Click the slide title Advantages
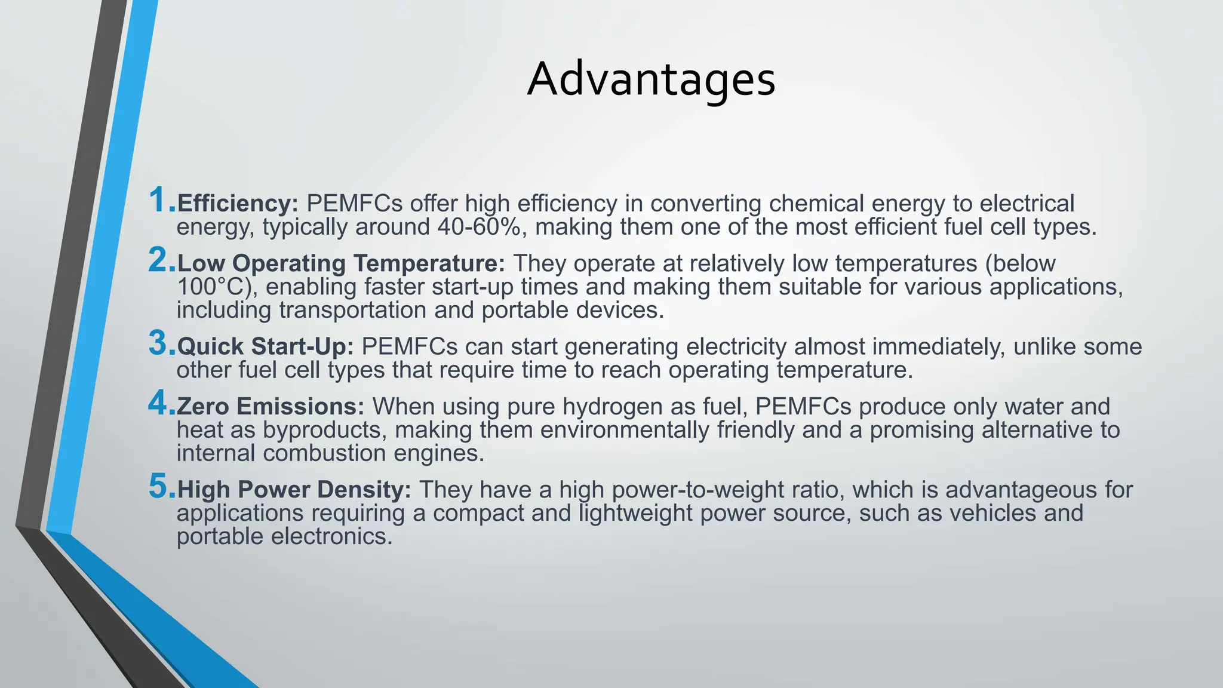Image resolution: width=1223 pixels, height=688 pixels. (x=651, y=79)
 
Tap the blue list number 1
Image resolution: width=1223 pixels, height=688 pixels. (x=160, y=200)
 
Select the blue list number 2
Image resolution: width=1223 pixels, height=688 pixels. (x=160, y=260)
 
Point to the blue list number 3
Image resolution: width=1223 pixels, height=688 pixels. (x=160, y=343)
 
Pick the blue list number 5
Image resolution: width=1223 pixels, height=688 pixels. (x=160, y=486)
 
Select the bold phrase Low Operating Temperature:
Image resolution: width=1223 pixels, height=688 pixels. (x=341, y=263)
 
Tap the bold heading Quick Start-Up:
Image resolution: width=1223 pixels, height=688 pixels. (x=266, y=346)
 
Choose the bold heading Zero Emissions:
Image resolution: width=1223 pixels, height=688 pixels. (x=271, y=406)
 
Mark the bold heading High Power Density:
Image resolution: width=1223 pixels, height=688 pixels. (x=294, y=490)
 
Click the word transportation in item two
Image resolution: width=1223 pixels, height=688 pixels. (x=352, y=310)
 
